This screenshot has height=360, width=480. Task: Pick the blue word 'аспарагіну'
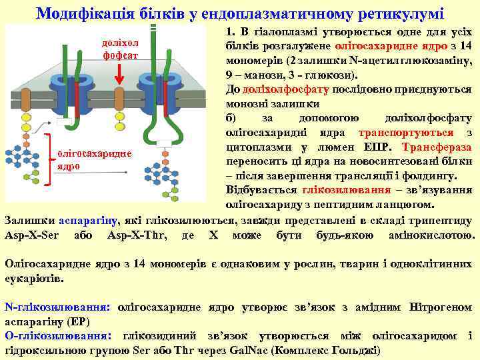click(x=89, y=219)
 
